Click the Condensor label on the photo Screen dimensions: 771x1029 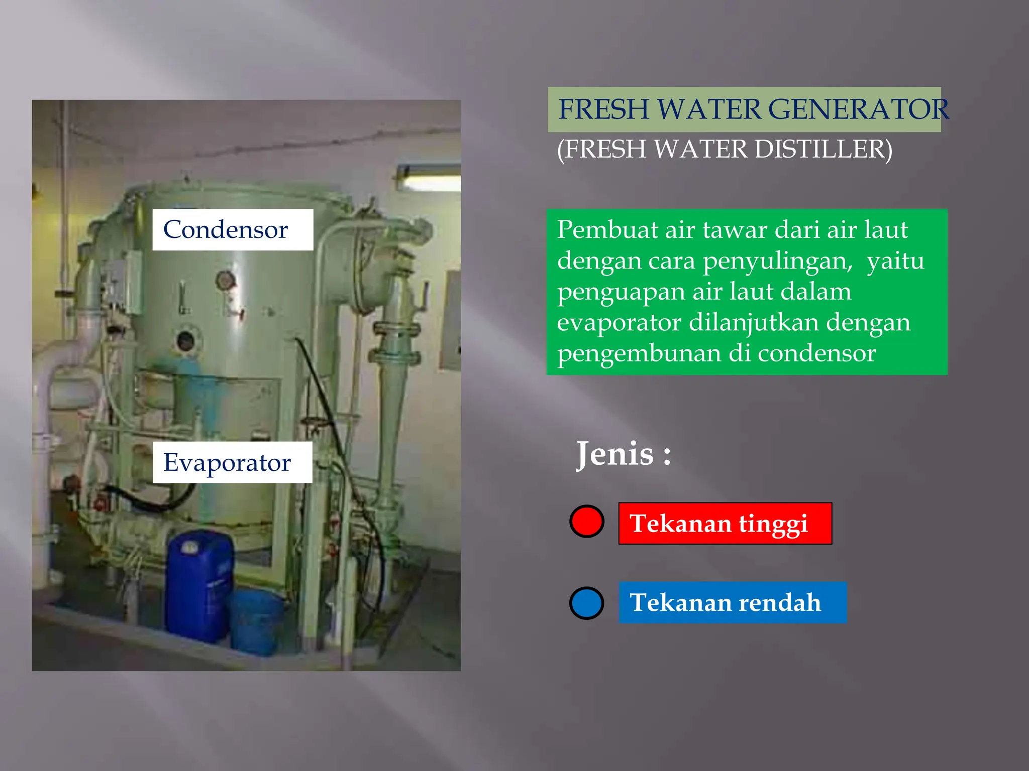pos(232,230)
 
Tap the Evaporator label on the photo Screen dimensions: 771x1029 pos(232,462)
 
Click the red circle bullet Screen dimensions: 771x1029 pos(586,522)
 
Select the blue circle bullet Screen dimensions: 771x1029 pos(586,603)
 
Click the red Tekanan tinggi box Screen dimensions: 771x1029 pos(725,524)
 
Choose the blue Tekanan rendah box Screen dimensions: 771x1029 pos(732,603)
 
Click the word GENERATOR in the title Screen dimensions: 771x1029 pos(858,109)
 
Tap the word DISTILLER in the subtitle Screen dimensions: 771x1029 pos(823,150)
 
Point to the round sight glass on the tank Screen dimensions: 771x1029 pos(186,341)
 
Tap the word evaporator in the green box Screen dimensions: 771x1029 pos(619,323)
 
